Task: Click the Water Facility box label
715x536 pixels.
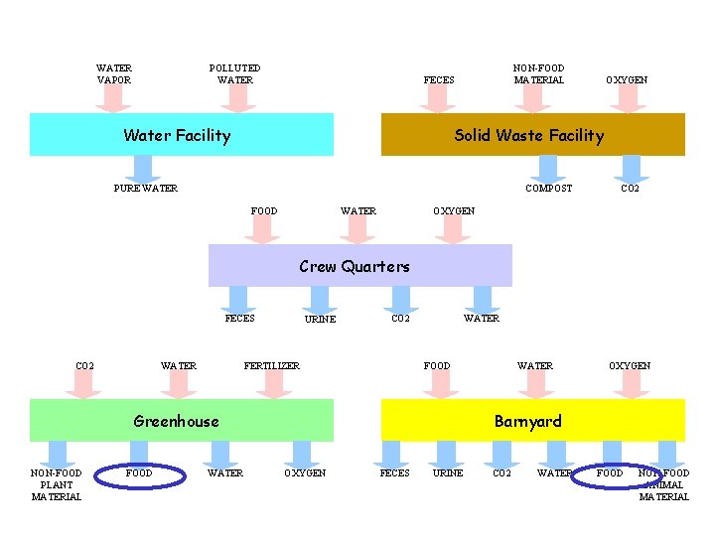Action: click(x=177, y=136)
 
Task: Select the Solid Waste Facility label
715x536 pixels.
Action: click(x=528, y=136)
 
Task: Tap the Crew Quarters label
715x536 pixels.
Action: click(x=355, y=266)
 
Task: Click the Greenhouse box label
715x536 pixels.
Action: click(x=176, y=421)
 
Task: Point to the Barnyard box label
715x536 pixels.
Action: click(x=528, y=421)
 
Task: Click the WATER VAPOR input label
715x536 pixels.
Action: click(x=114, y=74)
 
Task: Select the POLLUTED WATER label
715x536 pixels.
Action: click(x=235, y=74)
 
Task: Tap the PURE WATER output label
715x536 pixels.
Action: click(x=146, y=189)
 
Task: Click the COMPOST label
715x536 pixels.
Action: click(x=548, y=189)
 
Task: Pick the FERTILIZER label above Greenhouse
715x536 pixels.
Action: click(x=272, y=366)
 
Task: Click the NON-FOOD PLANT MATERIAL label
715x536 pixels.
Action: click(x=57, y=484)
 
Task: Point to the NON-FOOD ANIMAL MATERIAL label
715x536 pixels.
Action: click(x=663, y=484)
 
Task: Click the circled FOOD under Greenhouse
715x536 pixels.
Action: click(x=140, y=473)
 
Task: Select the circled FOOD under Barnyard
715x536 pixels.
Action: click(x=610, y=473)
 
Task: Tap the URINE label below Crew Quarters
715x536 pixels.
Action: click(x=320, y=320)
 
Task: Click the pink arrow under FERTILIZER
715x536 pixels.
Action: click(x=272, y=385)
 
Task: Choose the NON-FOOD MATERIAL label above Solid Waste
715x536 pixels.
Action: click(x=538, y=74)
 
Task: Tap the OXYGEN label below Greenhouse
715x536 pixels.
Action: click(x=305, y=473)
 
